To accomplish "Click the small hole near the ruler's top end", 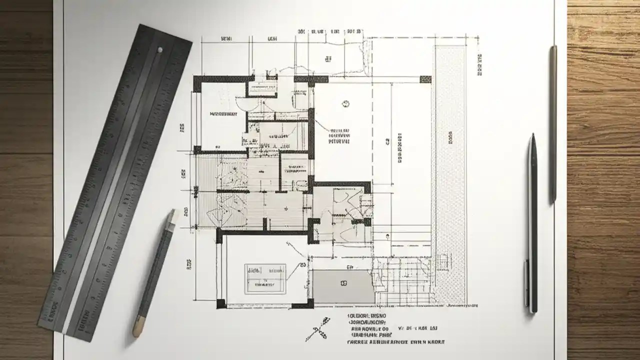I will pyautogui.click(x=159, y=49).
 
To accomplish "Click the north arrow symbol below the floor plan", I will pyautogui.click(x=320, y=327).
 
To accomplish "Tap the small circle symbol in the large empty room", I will pyautogui.click(x=345, y=103).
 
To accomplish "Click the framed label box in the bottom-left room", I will pyautogui.click(x=265, y=278).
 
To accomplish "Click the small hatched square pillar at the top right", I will pyautogui.click(x=425, y=79).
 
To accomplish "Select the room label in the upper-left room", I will pyautogui.click(x=223, y=114).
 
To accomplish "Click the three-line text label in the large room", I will pyautogui.click(x=339, y=136).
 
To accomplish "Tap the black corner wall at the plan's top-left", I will pyautogui.click(x=197, y=83).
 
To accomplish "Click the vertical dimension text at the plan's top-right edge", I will pyautogui.click(x=479, y=64).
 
